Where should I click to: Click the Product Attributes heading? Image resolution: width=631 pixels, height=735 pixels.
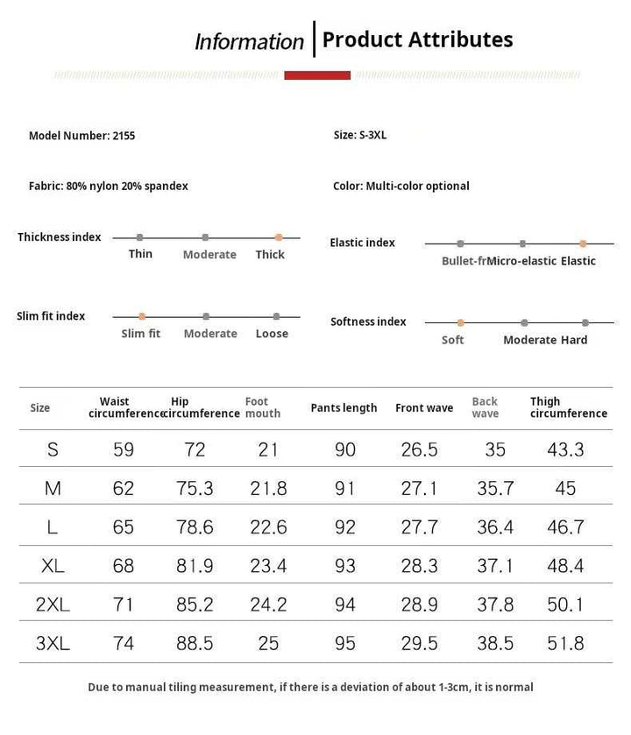(x=417, y=39)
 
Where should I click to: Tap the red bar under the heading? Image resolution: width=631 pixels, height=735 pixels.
(x=317, y=75)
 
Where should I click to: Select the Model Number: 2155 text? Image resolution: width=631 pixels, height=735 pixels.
(x=82, y=136)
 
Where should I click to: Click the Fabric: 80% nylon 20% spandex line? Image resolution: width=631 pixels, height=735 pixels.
(x=108, y=186)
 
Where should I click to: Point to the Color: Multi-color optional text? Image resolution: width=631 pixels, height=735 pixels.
(x=401, y=186)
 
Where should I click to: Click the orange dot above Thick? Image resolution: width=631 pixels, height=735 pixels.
(x=279, y=237)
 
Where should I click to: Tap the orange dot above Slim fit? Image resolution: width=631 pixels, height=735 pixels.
(x=142, y=316)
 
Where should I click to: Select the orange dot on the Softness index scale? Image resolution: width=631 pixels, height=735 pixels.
(x=461, y=323)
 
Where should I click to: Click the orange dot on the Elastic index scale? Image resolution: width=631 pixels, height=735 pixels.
(x=583, y=244)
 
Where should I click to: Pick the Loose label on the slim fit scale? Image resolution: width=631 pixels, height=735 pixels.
(x=272, y=334)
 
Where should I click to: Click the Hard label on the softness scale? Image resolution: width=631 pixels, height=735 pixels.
(x=574, y=340)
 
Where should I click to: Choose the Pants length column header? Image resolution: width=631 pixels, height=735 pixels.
(x=344, y=408)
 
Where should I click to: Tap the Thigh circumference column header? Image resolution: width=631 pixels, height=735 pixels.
(x=568, y=407)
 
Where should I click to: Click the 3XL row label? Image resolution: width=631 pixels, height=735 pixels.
(x=53, y=644)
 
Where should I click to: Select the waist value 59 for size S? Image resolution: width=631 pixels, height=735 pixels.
(x=124, y=449)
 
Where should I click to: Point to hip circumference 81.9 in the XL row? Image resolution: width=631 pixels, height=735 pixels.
(x=195, y=566)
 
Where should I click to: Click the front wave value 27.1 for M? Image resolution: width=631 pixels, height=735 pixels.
(x=419, y=488)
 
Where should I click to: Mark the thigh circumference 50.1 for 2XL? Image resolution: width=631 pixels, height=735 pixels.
(x=565, y=604)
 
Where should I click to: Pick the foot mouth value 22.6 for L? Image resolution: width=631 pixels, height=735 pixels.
(x=268, y=527)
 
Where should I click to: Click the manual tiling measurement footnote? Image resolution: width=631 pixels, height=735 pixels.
(x=310, y=688)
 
